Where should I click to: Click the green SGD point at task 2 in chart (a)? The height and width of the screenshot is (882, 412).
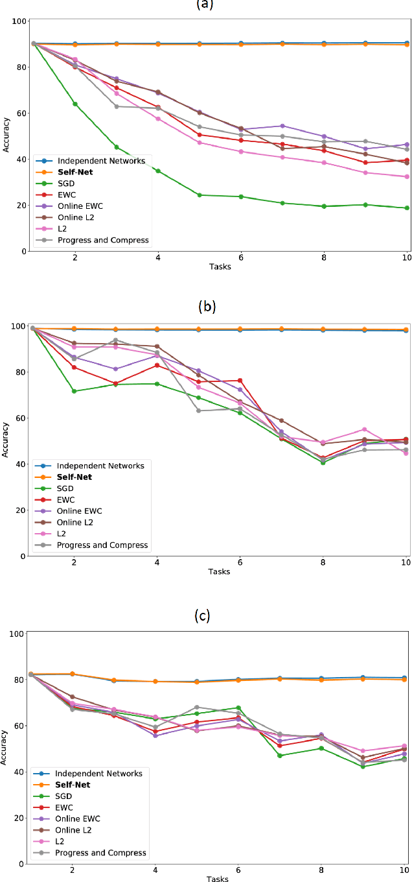pos(75,104)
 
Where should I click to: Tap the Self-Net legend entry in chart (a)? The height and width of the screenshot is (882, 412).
pos(74,172)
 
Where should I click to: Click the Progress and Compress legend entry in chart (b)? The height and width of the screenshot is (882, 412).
pos(103,545)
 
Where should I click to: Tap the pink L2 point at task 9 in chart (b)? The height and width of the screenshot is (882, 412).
pos(365,429)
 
